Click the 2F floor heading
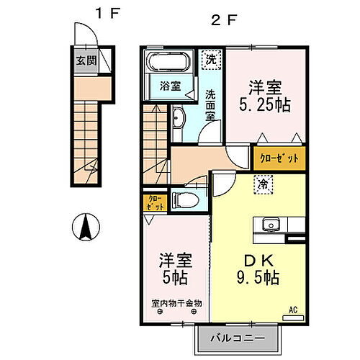[222, 21]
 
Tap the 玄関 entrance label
[85, 60]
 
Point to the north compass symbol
[85, 229]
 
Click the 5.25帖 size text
[266, 105]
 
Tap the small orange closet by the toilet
[155, 202]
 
